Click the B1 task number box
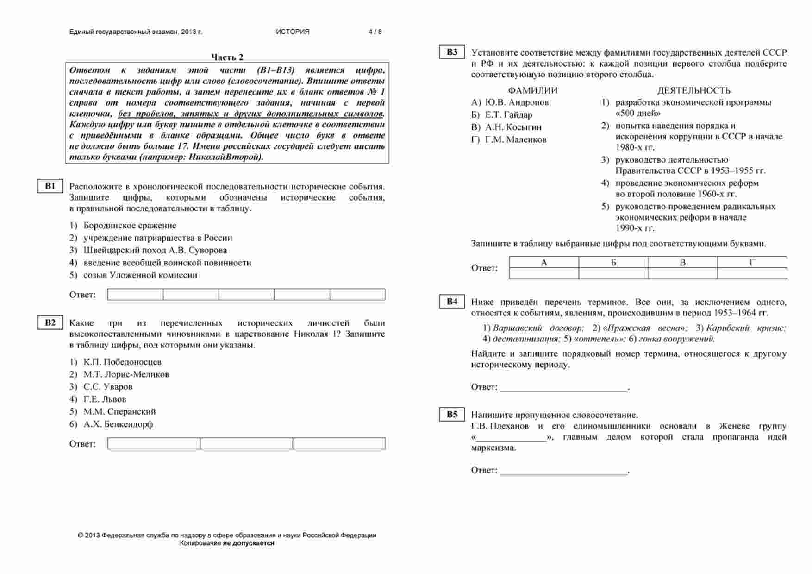point(50,186)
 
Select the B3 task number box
point(452,52)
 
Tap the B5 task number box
point(452,415)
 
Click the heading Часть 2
point(227,57)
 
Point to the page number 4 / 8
point(375,32)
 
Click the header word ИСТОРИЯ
point(293,32)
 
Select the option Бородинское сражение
point(130,226)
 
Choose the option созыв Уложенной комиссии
point(140,275)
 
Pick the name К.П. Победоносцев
point(122,362)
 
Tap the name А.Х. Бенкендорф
point(118,424)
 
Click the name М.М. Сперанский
point(119,411)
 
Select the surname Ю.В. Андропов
point(517,102)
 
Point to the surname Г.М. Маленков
point(516,139)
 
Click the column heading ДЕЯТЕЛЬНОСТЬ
point(693,90)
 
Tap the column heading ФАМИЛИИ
point(532,90)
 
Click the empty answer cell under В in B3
point(682,274)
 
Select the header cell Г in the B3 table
point(752,263)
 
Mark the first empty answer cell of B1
point(135,295)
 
